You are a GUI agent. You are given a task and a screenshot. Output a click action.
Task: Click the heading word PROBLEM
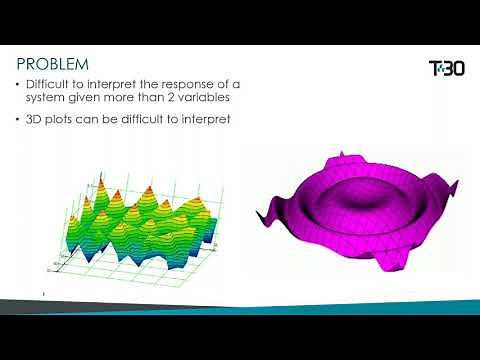pos(53,65)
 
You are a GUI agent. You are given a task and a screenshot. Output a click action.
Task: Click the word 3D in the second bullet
pos(46,120)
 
